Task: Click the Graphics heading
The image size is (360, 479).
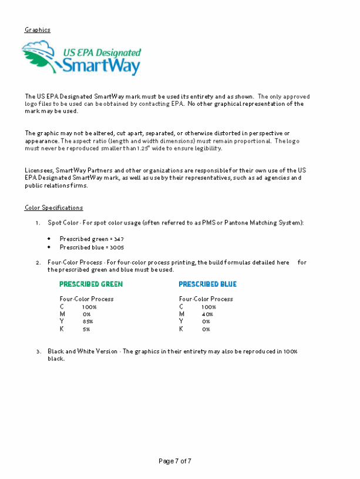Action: coord(37,29)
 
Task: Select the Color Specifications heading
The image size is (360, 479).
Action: coord(53,207)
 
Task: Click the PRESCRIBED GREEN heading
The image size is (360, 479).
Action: coord(91,284)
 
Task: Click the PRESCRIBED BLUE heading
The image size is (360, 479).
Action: coord(207,284)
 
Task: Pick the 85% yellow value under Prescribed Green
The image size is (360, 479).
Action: coord(88,321)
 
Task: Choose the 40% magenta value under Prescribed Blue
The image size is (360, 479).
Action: coord(207,314)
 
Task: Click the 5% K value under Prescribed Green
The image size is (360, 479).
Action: coord(86,329)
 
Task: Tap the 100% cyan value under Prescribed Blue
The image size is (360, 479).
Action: coord(208,306)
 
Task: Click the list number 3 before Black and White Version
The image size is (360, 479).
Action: coord(38,351)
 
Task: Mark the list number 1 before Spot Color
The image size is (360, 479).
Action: coord(38,223)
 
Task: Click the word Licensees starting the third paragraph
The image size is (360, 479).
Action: coord(38,170)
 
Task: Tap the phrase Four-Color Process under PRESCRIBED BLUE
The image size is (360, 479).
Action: coord(206,299)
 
